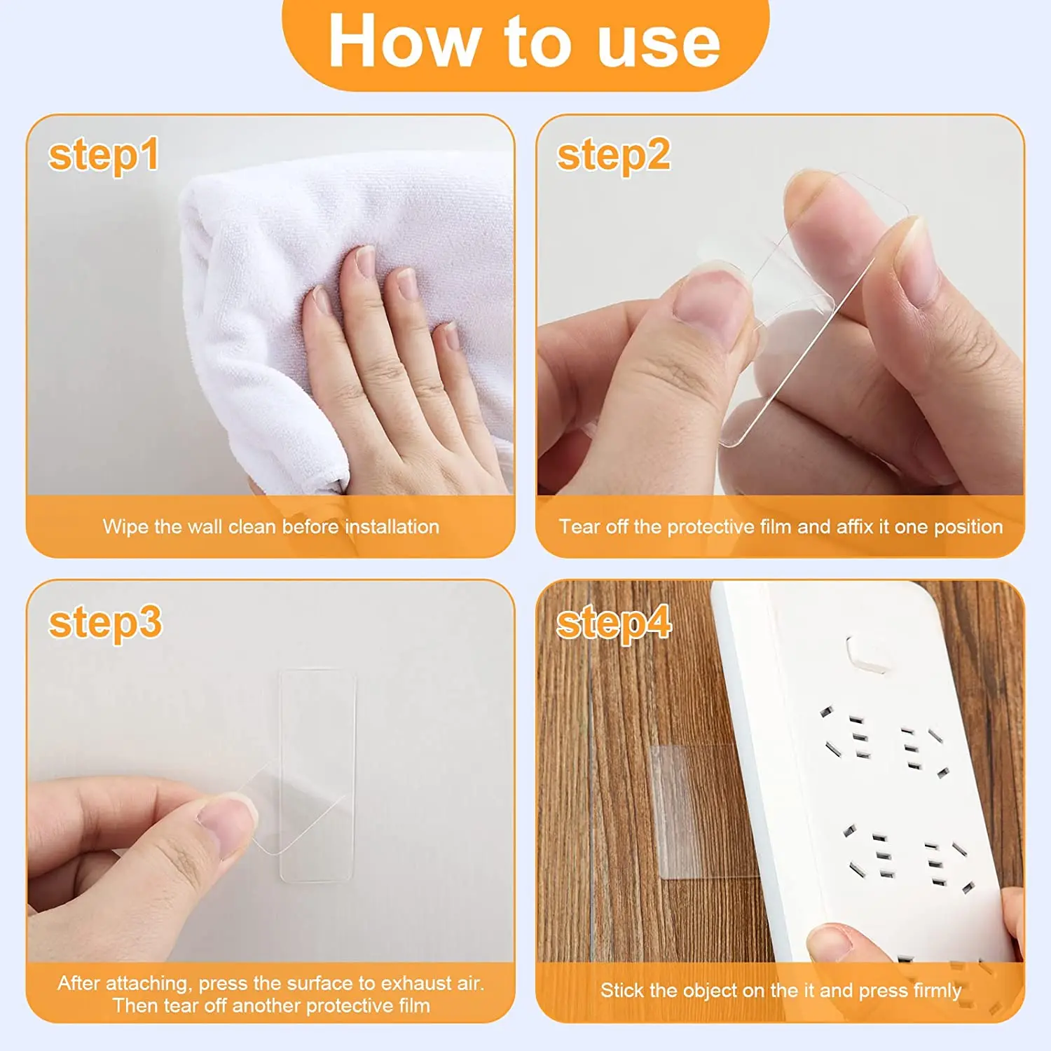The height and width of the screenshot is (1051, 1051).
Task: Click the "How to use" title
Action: (x=524, y=42)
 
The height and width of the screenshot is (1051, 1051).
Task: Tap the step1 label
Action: (x=104, y=156)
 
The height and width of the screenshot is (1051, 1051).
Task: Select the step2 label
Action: (x=613, y=156)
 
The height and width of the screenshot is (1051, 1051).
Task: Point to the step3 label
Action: (x=105, y=622)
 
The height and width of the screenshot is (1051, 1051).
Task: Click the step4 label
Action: (x=614, y=622)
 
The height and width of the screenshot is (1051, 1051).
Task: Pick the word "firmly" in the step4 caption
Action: (x=937, y=991)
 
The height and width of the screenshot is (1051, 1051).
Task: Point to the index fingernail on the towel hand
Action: (x=365, y=261)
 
